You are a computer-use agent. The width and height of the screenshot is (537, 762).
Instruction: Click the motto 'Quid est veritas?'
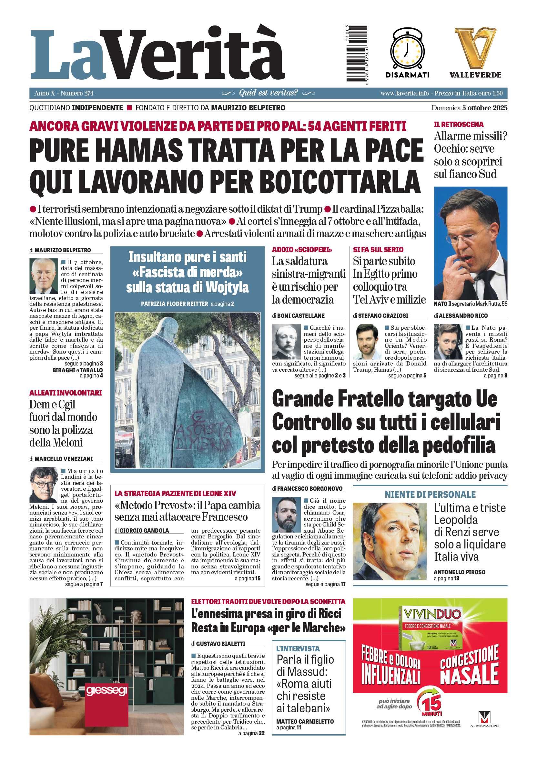coord(268,93)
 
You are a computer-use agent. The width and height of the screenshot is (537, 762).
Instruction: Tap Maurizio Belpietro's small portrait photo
coord(44,276)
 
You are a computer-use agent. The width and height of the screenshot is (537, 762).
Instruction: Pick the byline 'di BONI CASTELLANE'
coord(298,316)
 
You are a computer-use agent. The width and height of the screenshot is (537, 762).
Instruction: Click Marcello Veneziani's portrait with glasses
coord(44,484)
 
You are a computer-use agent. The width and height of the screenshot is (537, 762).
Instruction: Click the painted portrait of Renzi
coord(389,541)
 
